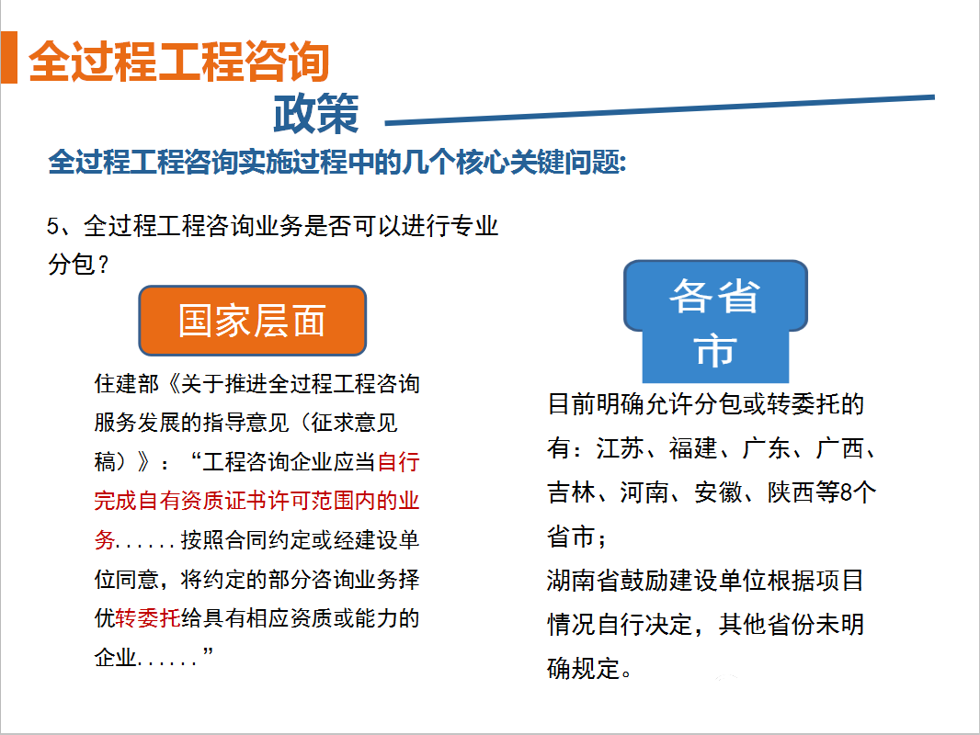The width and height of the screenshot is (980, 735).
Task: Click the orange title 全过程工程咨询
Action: coord(178,62)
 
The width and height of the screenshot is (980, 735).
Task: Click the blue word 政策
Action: coord(316,113)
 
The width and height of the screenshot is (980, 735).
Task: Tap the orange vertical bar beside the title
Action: coord(9,58)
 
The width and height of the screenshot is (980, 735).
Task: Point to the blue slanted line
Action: coord(659,110)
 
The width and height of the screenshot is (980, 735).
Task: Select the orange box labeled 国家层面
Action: coord(253,321)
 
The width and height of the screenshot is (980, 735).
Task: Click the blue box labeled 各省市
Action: coord(715,322)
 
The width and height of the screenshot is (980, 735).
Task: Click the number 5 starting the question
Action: coord(52,226)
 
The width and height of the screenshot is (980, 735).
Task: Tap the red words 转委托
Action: coord(148,617)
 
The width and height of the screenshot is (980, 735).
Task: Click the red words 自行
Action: coord(399,462)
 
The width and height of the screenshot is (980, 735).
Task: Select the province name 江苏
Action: coord(620,448)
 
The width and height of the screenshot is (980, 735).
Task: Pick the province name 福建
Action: coord(693,448)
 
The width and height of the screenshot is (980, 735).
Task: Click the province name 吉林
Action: coord(571,492)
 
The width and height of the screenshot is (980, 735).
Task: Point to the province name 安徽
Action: coord(718,492)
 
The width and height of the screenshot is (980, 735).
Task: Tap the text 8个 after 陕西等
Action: coord(859,492)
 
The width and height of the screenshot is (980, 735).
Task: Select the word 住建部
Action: coord(127,384)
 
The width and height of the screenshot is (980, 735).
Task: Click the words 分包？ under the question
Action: coord(79,265)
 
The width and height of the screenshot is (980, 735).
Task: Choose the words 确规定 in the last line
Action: coord(584,668)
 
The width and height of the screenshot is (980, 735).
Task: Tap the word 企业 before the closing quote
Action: coord(116,657)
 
